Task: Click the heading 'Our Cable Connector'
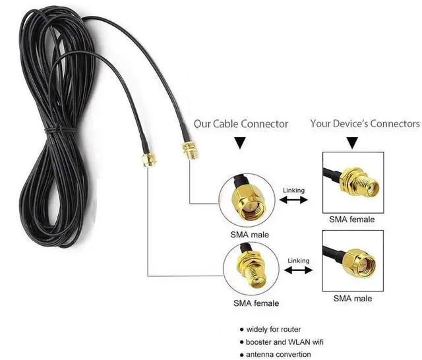click(241, 124)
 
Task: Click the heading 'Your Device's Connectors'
click(365, 123)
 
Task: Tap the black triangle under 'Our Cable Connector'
click(240, 143)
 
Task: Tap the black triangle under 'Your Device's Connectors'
click(352, 143)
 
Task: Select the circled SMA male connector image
click(247, 200)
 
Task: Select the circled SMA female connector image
click(251, 269)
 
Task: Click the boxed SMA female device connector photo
click(353, 183)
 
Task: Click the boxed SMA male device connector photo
click(353, 260)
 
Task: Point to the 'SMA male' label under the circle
click(249, 235)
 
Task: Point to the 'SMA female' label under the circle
click(256, 303)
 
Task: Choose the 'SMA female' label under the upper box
click(351, 220)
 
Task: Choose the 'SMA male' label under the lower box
click(353, 299)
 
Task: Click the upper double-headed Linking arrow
click(293, 200)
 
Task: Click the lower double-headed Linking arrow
click(299, 270)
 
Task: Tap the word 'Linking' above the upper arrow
click(293, 191)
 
